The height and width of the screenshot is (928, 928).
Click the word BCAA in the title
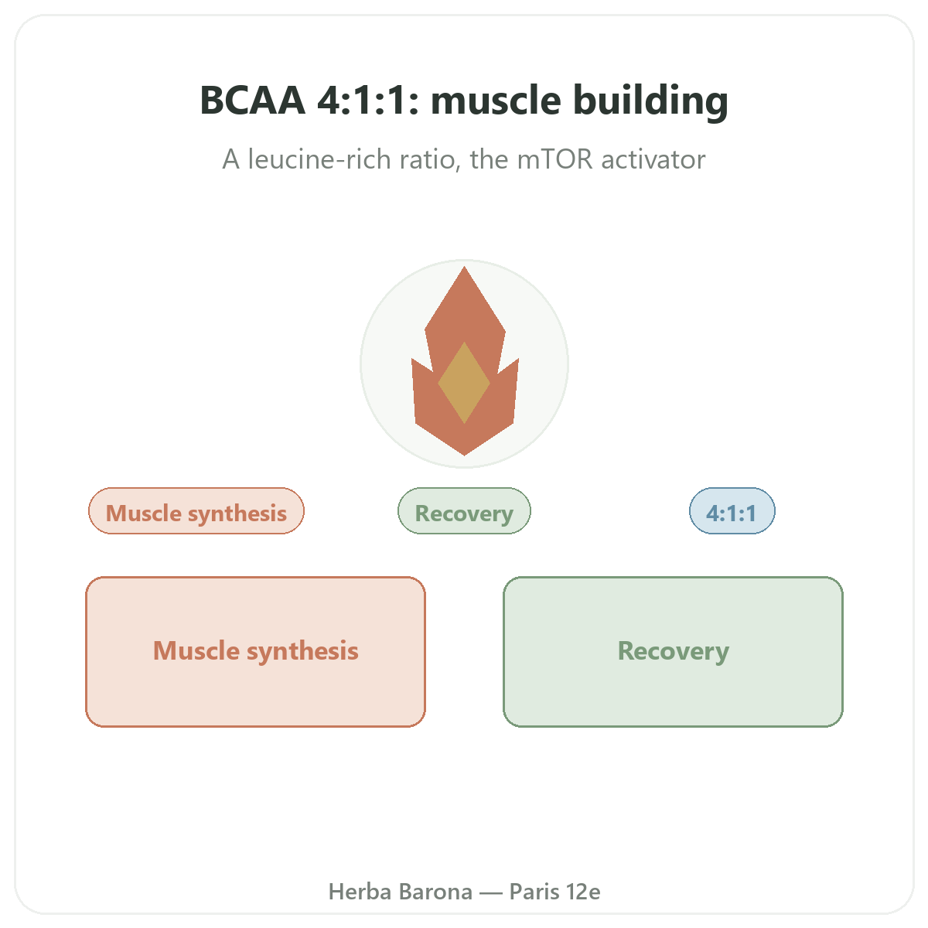coord(252,101)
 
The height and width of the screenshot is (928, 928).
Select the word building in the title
coord(650,101)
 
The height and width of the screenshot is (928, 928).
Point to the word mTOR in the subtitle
coord(554,159)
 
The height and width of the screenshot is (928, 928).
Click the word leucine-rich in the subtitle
coord(319,159)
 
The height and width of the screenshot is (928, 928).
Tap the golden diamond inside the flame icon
coord(464,383)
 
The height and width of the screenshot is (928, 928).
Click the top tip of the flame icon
coord(464,267)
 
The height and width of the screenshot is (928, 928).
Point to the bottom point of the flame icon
coord(464,455)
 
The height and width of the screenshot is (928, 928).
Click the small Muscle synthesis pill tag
coord(196,511)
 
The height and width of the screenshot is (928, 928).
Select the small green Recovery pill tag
coord(464,511)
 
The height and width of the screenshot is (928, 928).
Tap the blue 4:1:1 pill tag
coord(732,511)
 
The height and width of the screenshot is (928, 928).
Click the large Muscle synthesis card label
coord(256,651)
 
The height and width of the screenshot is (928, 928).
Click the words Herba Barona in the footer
coord(400,892)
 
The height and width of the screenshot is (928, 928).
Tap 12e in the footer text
coord(583,892)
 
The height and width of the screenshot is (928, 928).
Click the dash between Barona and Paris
coord(491,892)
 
